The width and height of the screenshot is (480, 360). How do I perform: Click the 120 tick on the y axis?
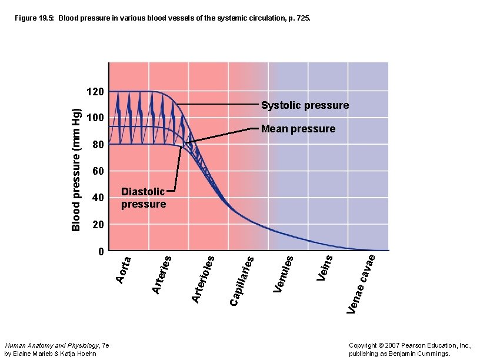tap(95, 92)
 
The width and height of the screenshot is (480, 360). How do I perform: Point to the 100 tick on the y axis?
tap(95, 118)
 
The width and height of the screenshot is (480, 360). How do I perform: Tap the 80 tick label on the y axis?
tap(98, 145)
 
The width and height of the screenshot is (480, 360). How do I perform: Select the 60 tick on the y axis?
tap(98, 171)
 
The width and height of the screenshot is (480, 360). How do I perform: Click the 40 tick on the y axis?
tap(98, 198)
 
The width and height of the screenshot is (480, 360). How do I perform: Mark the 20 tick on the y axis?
tap(98, 225)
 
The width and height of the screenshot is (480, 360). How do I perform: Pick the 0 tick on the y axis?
tap(101, 251)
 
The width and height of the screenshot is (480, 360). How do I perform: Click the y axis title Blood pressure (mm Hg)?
tap(76, 171)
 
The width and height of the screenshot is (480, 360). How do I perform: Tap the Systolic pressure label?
tap(305, 106)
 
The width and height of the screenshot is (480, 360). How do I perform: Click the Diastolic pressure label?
tap(143, 198)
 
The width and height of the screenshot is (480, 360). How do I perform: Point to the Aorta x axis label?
tap(123, 268)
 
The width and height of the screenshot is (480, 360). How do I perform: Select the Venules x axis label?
tap(284, 274)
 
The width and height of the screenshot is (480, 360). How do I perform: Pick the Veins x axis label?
tap(325, 267)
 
